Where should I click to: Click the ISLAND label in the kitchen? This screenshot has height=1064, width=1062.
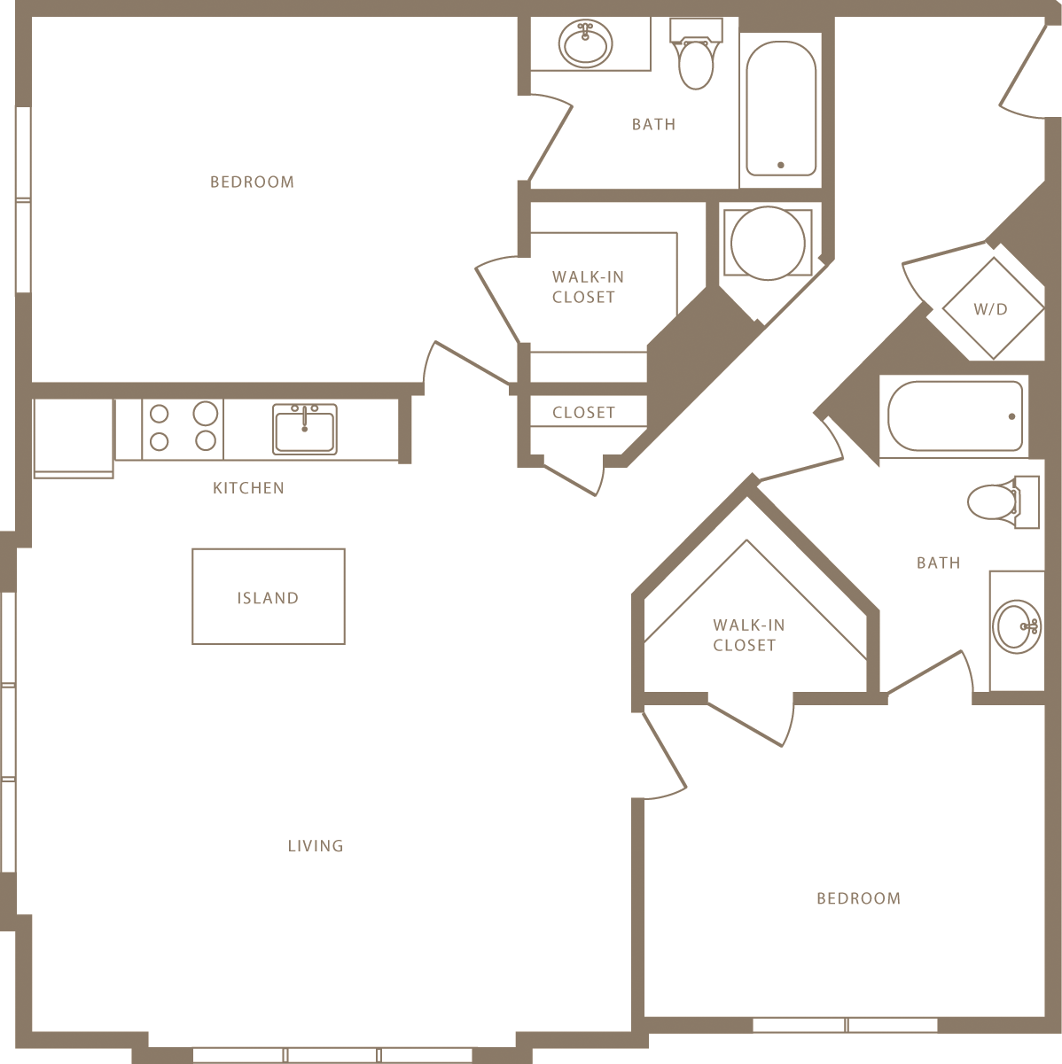tap(268, 598)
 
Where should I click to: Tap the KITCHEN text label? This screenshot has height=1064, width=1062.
tap(248, 488)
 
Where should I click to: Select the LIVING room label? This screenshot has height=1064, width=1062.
tap(316, 846)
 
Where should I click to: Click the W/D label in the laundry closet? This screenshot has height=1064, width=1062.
tap(991, 309)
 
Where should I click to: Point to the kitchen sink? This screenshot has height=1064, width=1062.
tap(304, 429)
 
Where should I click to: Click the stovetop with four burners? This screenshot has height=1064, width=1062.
tap(183, 427)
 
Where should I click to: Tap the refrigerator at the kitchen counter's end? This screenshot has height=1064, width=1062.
tap(74, 438)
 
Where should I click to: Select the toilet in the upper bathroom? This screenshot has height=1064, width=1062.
tap(696, 58)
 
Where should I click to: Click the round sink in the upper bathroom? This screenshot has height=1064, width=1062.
tap(586, 43)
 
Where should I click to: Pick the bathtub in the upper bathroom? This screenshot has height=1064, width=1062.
tap(781, 109)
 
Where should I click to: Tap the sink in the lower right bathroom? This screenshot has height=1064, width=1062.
tap(1017, 626)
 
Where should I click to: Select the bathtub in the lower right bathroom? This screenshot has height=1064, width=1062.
tap(955, 416)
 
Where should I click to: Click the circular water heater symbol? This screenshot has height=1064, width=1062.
tap(768, 243)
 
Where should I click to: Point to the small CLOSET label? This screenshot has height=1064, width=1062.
tap(583, 413)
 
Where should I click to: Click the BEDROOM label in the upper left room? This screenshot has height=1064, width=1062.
tap(252, 183)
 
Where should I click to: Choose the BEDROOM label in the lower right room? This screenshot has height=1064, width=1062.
tap(858, 898)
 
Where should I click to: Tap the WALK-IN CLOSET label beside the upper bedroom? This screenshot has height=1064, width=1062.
tap(586, 287)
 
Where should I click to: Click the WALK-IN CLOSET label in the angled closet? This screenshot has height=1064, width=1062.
tap(747, 635)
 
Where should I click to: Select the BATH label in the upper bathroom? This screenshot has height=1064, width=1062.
tap(653, 125)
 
